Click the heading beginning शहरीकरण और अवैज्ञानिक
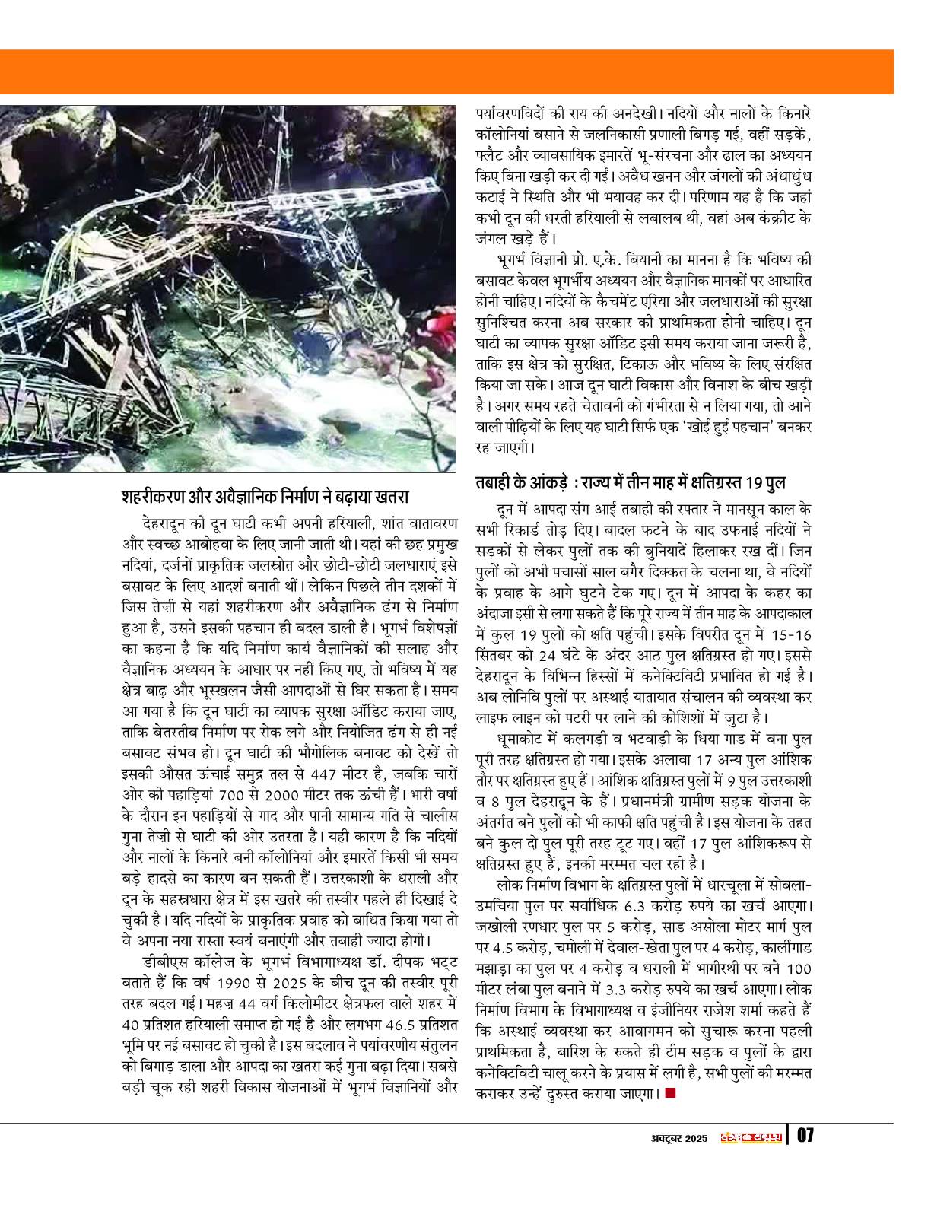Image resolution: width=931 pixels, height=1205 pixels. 265,498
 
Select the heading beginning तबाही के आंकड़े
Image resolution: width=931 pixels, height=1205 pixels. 631,483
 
